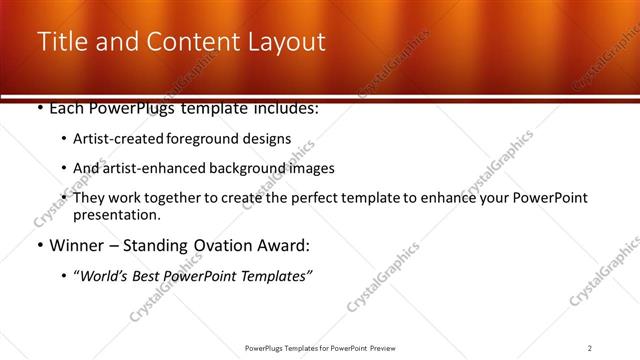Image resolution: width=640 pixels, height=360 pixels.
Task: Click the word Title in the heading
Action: click(x=62, y=42)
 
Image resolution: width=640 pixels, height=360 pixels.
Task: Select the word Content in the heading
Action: click(x=181, y=42)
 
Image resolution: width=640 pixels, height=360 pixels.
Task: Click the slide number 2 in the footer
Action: click(x=590, y=348)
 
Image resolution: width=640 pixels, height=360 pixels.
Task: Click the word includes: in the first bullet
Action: click(x=285, y=108)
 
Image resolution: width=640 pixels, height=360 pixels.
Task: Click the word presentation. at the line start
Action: click(x=116, y=215)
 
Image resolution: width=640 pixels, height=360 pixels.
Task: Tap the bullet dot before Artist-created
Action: click(x=65, y=140)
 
